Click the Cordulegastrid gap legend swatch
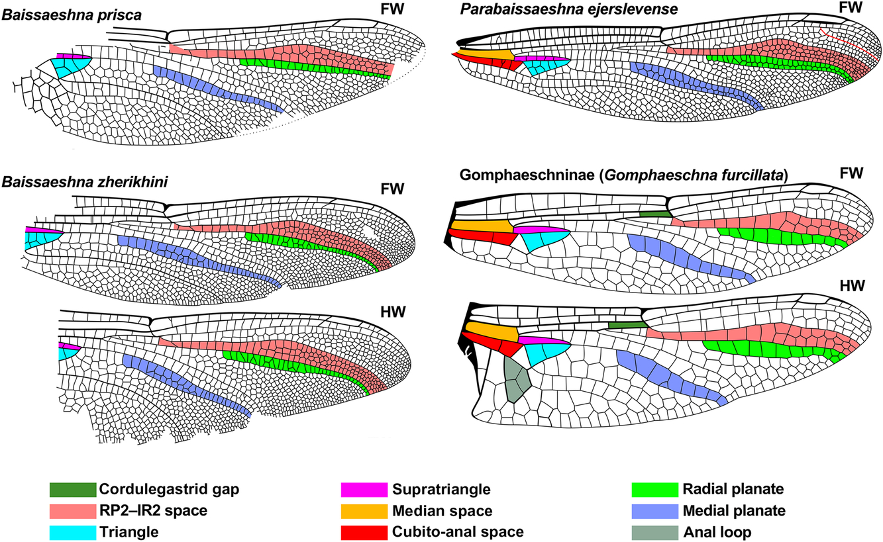73,489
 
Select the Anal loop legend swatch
654,533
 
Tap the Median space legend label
442,511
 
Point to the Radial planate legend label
733,489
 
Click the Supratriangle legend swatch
364,489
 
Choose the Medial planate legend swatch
654,511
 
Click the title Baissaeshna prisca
72,15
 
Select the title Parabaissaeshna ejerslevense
569,9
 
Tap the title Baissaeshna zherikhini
85,183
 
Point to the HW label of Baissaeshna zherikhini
393,312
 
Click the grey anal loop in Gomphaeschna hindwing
517,379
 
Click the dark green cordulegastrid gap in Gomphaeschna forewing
655,214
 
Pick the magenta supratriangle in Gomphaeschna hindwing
544,340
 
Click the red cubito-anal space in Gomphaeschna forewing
482,238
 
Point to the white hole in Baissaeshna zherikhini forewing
370,232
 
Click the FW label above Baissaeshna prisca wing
392,9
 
